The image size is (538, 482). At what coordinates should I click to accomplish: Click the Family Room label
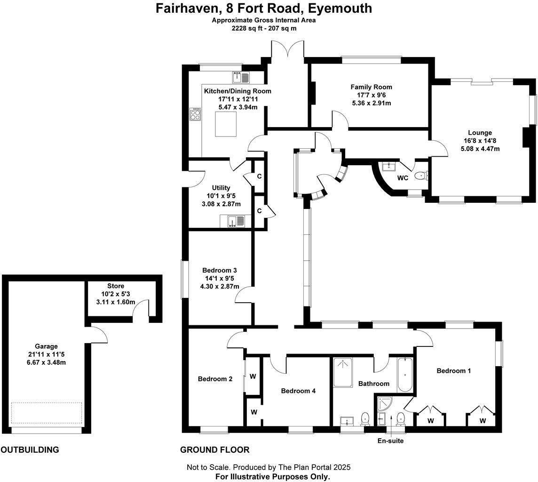pos(371,87)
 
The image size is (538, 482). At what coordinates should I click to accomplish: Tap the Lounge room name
pos(480,133)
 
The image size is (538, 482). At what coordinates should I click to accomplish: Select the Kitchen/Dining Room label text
pos(237,91)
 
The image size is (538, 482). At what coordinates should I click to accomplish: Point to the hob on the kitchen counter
pos(195,114)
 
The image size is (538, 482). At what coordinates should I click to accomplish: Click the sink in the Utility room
pos(233,221)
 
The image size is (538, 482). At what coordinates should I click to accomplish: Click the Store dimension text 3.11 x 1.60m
pos(116,302)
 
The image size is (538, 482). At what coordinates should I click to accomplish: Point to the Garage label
pos(46,346)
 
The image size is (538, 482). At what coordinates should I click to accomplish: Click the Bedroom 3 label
pos(219,270)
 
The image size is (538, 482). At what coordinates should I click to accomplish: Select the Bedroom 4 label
pos(298,391)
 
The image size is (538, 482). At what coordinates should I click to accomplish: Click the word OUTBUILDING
pos(30,450)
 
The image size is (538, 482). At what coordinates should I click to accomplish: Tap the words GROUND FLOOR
pos(215,450)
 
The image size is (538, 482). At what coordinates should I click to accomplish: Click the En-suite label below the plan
pos(390,441)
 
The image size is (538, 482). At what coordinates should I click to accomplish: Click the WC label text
pos(403,178)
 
